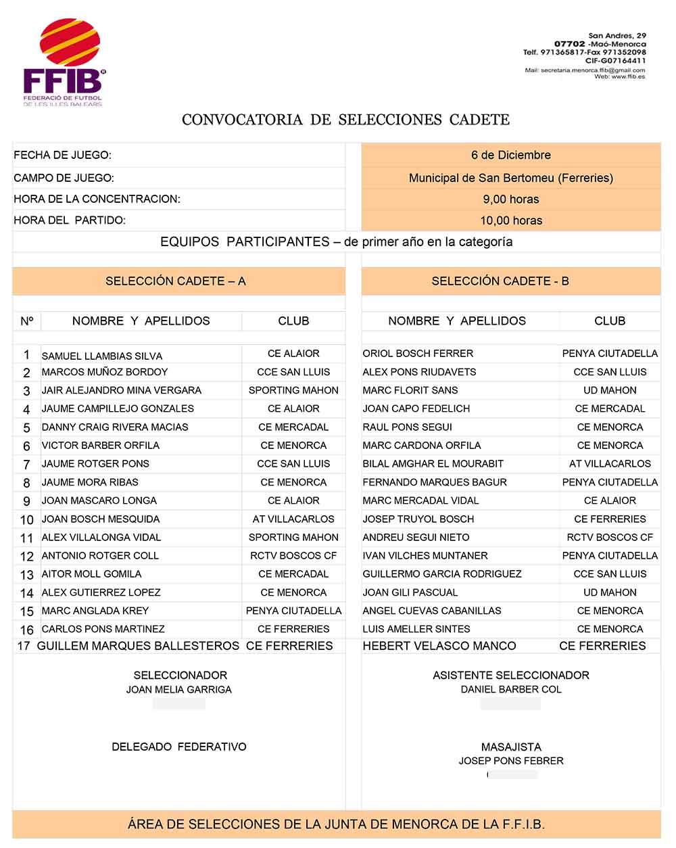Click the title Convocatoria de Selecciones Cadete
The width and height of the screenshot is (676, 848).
[345, 120]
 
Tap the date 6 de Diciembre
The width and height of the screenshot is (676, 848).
[510, 155]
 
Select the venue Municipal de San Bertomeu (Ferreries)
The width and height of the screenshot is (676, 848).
[510, 178]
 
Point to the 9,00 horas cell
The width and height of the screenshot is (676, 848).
[510, 199]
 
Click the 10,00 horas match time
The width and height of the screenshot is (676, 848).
[510, 220]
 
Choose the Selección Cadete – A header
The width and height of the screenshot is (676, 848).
[175, 281]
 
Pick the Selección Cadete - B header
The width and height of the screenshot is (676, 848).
[500, 281]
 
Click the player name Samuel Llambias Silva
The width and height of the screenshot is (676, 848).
[101, 356]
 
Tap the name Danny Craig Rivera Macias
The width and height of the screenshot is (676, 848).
[115, 427]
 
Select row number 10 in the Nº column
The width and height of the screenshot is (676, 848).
[26, 520]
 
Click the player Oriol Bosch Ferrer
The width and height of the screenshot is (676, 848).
[418, 354]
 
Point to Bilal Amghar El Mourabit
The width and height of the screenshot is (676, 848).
[433, 464]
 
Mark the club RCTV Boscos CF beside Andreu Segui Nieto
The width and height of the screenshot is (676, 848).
[610, 538]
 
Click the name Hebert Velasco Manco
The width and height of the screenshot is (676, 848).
[439, 646]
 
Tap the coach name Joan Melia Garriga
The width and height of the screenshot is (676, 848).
[178, 690]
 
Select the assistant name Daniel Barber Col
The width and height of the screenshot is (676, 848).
[510, 690]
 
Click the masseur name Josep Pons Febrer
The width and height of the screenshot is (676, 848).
[510, 761]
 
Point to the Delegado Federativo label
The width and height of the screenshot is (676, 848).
[178, 747]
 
